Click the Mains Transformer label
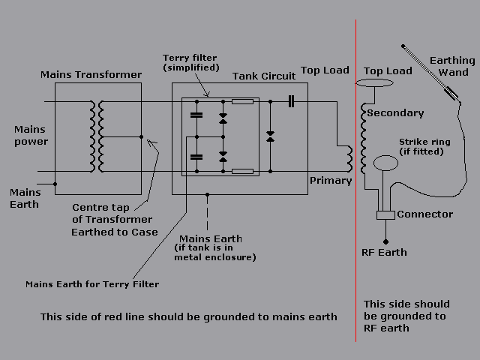[x=91, y=74]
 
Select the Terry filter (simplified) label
[x=190, y=62]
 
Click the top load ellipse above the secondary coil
[x=378, y=84]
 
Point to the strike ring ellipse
[x=386, y=163]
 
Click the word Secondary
[x=395, y=113]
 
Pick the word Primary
[x=331, y=180]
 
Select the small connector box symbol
[x=385, y=215]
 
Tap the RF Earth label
[x=383, y=252]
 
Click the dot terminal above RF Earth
[x=385, y=241]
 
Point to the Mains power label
[x=31, y=136]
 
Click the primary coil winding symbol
[x=348, y=157]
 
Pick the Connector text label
[x=424, y=214]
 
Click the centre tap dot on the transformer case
[x=141, y=136]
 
